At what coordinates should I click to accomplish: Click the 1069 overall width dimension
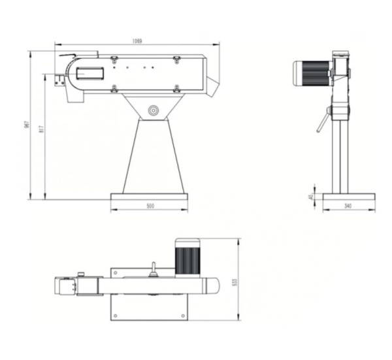click(x=137, y=41)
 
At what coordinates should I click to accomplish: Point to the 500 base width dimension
click(x=150, y=206)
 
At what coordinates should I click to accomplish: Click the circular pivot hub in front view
click(x=154, y=110)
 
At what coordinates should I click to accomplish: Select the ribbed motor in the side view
click(x=312, y=71)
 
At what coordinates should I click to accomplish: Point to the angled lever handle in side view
click(x=322, y=122)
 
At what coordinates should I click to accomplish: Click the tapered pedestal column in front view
click(x=150, y=157)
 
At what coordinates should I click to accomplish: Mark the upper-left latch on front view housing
click(x=114, y=59)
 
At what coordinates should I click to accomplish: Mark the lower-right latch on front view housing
click(x=176, y=88)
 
